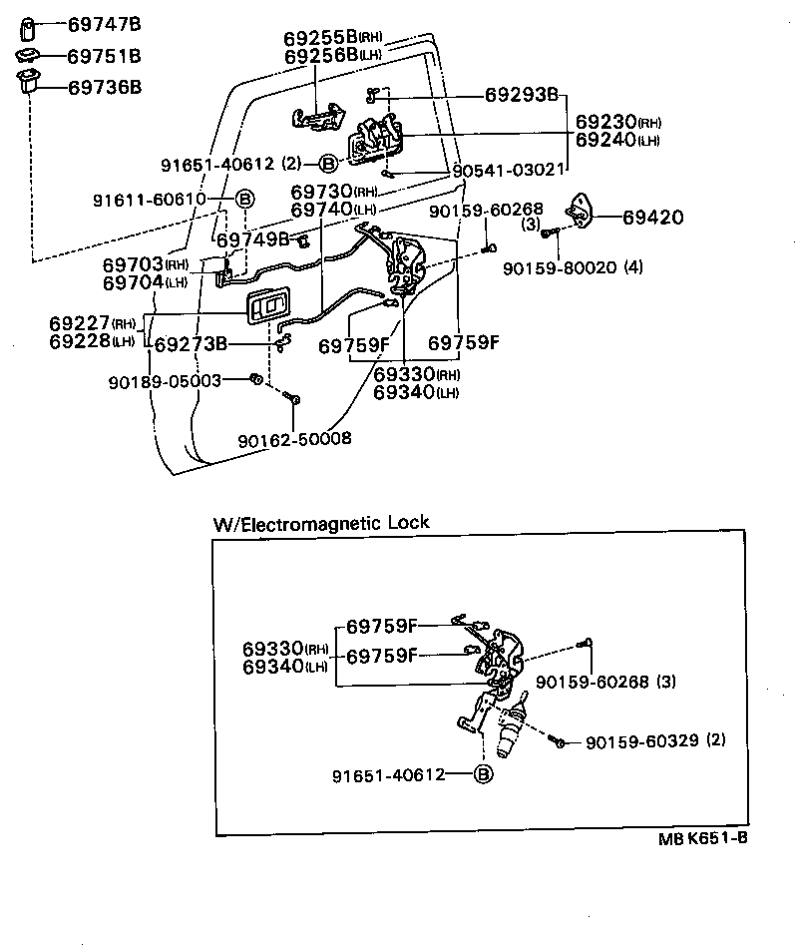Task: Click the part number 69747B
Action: (x=104, y=23)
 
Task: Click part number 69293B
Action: (x=521, y=96)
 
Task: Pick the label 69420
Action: (x=655, y=215)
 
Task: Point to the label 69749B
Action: (x=253, y=239)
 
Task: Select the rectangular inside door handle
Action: (x=271, y=307)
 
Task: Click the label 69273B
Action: (x=190, y=345)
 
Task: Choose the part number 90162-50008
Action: (x=294, y=438)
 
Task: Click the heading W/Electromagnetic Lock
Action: (x=320, y=523)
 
